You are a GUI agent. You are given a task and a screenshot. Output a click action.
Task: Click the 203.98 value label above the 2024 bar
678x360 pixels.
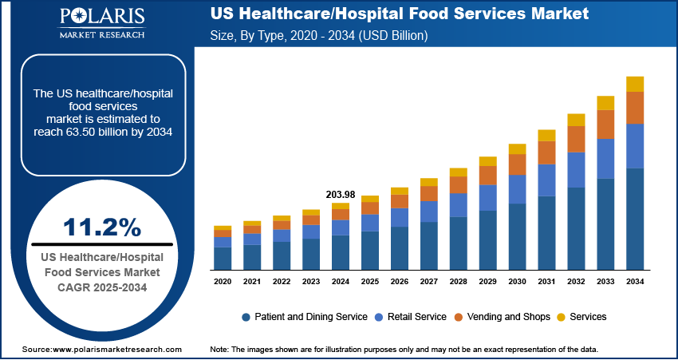(341, 194)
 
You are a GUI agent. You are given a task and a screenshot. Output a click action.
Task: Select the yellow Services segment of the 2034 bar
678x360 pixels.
(635, 84)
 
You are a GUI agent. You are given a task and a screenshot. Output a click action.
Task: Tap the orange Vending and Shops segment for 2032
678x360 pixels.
(576, 139)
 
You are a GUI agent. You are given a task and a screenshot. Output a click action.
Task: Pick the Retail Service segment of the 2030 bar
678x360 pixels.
(517, 189)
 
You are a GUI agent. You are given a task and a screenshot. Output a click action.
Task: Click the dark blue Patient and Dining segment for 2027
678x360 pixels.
(429, 245)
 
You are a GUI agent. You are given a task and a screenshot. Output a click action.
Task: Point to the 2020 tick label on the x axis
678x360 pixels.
(223, 282)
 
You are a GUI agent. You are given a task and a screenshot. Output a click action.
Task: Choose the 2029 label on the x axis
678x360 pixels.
(487, 282)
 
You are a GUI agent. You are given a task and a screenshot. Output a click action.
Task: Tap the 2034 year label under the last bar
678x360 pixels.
(635, 282)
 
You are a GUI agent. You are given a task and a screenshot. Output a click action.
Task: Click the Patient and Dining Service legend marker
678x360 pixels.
(246, 317)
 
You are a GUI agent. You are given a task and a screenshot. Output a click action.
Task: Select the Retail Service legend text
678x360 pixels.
(416, 317)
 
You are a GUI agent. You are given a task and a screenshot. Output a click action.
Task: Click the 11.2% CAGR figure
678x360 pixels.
(101, 227)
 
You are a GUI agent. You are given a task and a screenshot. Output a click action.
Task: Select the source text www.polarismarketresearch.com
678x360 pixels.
(101, 350)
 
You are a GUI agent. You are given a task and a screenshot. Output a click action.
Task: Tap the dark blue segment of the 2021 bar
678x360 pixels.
(252, 256)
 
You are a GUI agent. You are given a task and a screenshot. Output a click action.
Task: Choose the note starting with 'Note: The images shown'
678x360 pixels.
(404, 350)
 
